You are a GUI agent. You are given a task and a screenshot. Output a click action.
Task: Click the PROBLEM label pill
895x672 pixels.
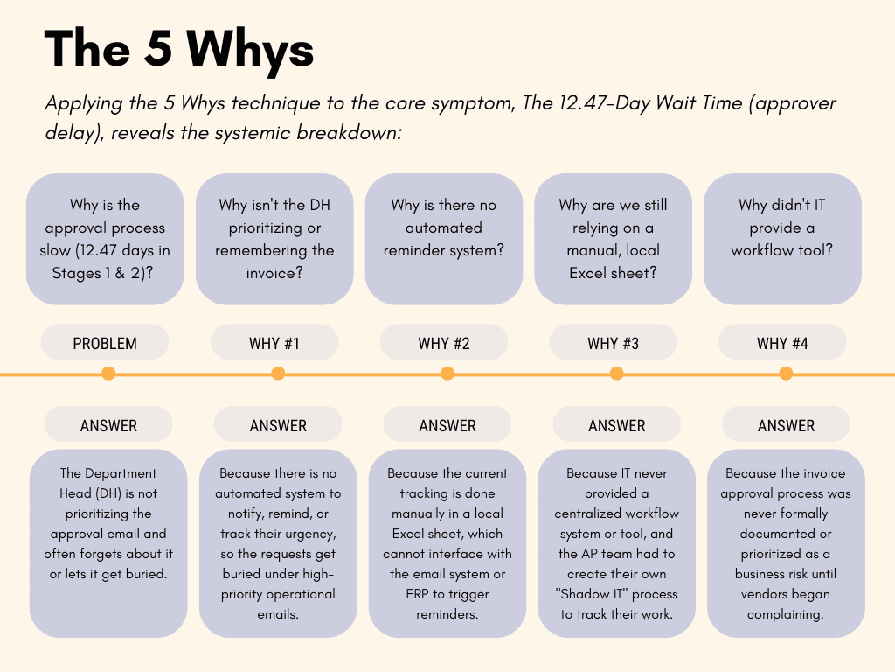pyautogui.click(x=105, y=343)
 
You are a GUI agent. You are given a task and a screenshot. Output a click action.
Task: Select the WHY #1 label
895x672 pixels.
pyautogui.click(x=274, y=343)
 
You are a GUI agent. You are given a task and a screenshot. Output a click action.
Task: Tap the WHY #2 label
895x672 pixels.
pyautogui.click(x=444, y=343)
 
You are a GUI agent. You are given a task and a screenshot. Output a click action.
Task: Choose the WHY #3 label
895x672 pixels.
pyautogui.click(x=613, y=343)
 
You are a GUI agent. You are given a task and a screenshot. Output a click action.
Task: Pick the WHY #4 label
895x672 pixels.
pyautogui.click(x=782, y=343)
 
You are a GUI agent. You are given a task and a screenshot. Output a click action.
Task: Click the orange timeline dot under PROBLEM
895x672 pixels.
pyautogui.click(x=108, y=374)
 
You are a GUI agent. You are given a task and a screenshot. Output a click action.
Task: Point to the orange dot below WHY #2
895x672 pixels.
pyautogui.click(x=447, y=374)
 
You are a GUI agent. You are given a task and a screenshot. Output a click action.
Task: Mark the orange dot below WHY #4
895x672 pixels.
pyautogui.click(x=786, y=374)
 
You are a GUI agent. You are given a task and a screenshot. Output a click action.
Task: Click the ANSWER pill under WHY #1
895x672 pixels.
pyautogui.click(x=278, y=426)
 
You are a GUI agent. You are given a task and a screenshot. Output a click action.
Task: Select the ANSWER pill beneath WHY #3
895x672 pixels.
pyautogui.click(x=617, y=426)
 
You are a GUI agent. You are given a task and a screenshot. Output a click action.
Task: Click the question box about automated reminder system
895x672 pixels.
pyautogui.click(x=444, y=239)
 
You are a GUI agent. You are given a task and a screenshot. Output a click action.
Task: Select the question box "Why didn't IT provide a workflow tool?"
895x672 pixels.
pyautogui.click(x=782, y=239)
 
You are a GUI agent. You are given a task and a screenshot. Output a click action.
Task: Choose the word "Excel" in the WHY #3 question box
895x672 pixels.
pyautogui.click(x=593, y=273)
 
